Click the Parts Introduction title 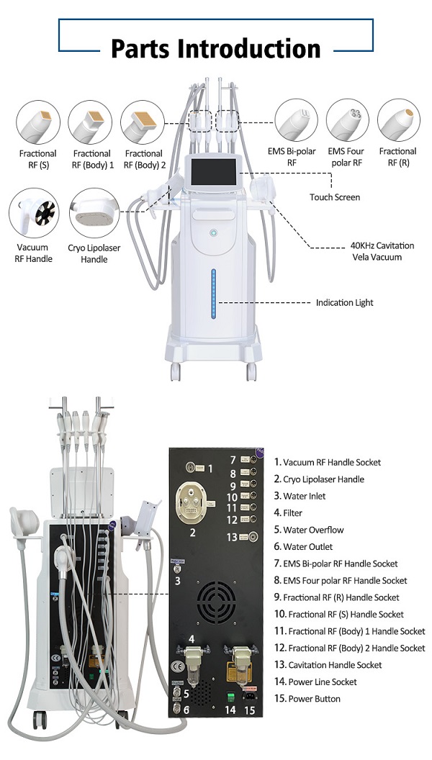click(x=215, y=48)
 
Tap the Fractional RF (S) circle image click(x=37, y=122)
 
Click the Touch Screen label click(x=335, y=197)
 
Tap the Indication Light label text click(x=344, y=303)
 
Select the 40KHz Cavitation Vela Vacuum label click(x=363, y=251)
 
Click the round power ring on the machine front click(x=214, y=235)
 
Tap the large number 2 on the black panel click(x=192, y=533)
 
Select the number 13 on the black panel click(x=232, y=536)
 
